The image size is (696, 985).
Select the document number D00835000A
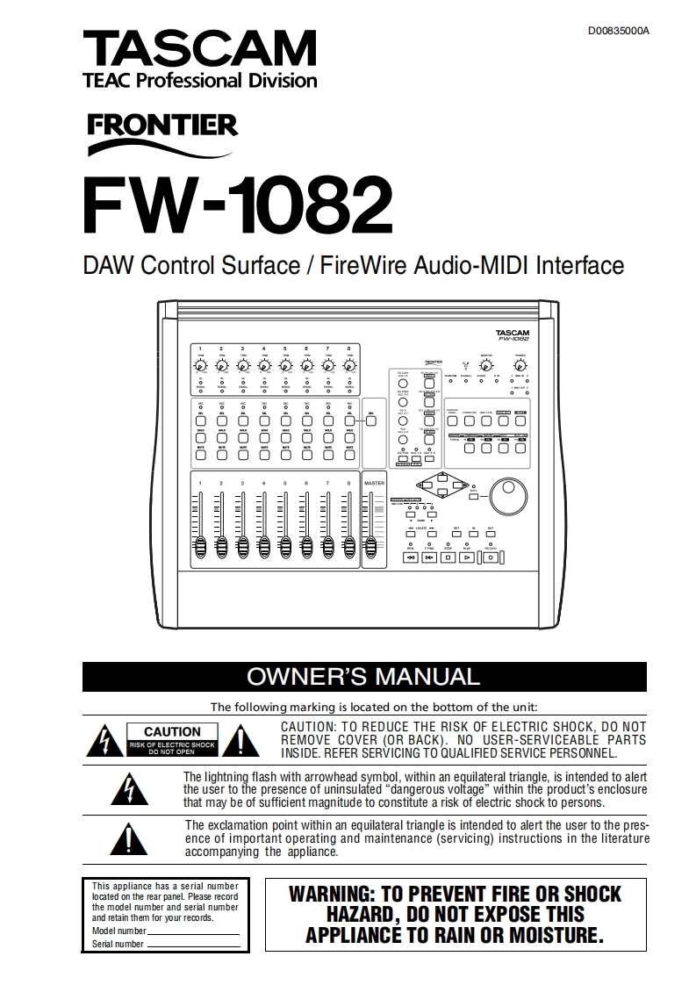619,31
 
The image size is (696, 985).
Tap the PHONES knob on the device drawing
520,366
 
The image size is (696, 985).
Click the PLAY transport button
467,556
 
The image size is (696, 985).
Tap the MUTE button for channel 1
200,454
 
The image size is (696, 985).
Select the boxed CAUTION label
172,731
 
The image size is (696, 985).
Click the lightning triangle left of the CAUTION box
103,743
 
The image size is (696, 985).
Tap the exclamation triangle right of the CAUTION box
234,743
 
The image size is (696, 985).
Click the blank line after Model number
193,931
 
